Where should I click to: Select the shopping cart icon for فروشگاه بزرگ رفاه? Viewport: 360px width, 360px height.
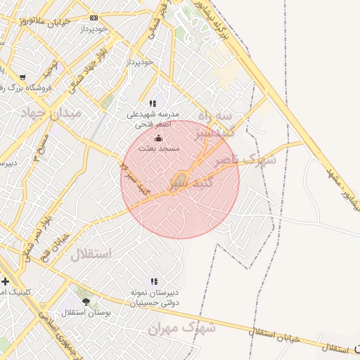pos(22,77)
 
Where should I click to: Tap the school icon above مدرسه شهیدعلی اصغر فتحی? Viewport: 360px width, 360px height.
pos(153,103)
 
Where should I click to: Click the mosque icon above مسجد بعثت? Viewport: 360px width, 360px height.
pos(158,138)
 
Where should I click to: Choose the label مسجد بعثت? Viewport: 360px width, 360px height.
pos(164,149)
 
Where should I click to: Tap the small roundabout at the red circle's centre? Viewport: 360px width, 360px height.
pos(181,177)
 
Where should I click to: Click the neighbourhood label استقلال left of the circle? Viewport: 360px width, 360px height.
pos(91,254)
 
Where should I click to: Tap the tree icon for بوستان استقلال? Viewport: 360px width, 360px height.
pos(86,302)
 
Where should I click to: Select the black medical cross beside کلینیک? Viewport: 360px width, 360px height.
pos(6,281)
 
